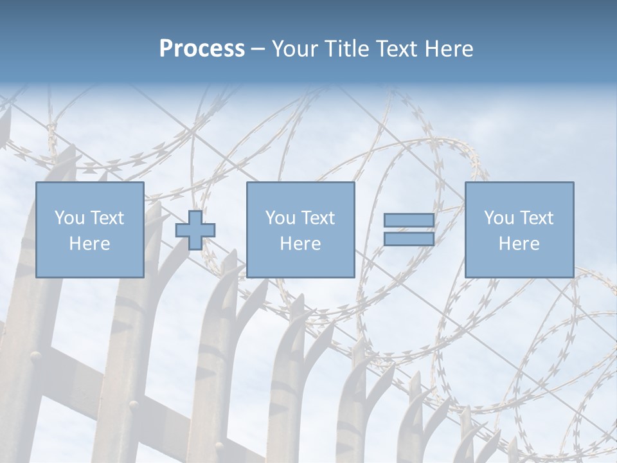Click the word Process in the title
[202, 49]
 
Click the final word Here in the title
[448, 49]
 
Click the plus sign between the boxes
[195, 230]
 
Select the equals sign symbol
[409, 230]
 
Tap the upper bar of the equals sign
[409, 221]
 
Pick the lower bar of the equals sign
[409, 239]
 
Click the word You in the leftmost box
[69, 218]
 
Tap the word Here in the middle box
[300, 244]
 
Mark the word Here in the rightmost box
[519, 244]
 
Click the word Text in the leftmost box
[107, 218]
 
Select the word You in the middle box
[280, 218]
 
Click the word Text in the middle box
[318, 218]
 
